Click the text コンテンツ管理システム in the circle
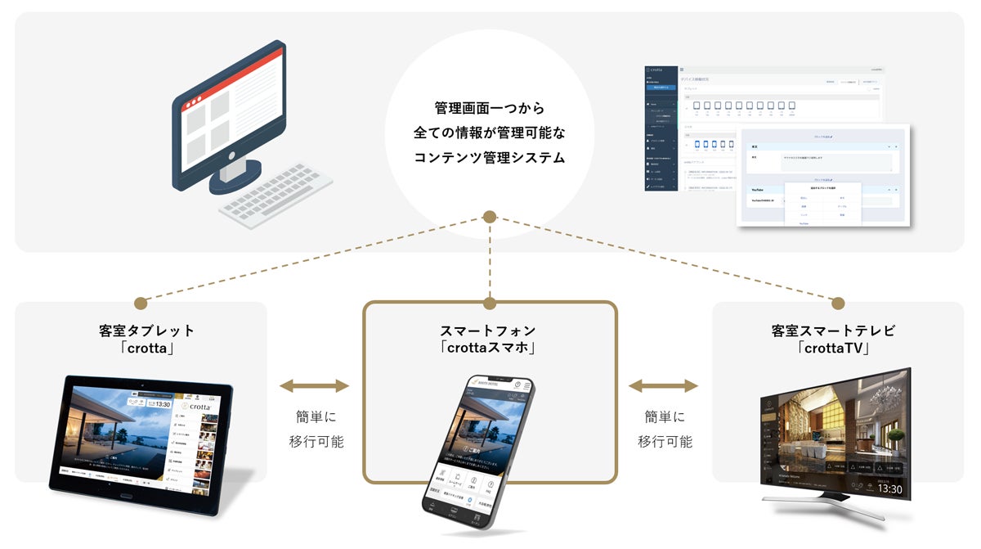(x=489, y=158)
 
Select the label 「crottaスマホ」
(x=489, y=347)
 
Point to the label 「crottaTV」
(x=834, y=349)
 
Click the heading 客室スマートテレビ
(x=834, y=331)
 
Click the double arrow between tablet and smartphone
(x=314, y=385)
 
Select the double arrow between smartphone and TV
(x=664, y=385)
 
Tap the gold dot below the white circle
(x=489, y=217)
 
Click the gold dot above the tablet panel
(x=140, y=303)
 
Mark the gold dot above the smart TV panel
(x=838, y=303)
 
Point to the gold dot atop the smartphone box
(x=490, y=303)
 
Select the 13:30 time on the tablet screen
(x=163, y=403)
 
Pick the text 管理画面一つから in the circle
(x=489, y=107)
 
